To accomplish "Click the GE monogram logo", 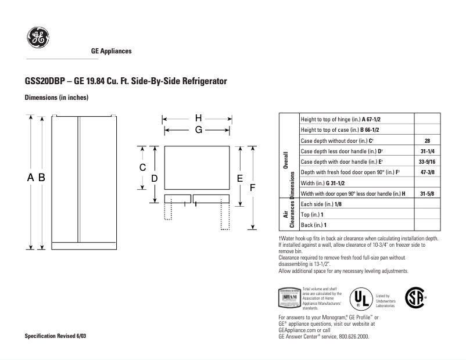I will [35, 39].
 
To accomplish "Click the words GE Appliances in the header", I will [112, 51].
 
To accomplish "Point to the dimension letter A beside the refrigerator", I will [31, 178].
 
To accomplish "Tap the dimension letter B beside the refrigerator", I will [42, 178].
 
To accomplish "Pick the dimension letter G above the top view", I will [198, 130].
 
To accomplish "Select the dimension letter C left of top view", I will [142, 167].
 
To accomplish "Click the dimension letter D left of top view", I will [155, 179].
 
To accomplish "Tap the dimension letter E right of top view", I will [239, 178].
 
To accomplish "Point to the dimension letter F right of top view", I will [252, 188].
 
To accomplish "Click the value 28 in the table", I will [427, 141].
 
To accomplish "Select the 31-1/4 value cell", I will [427, 151].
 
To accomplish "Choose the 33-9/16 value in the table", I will [427, 161].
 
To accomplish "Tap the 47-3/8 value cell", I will [427, 172].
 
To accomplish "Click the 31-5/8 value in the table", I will [427, 193].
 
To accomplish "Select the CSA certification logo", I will [414, 297].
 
